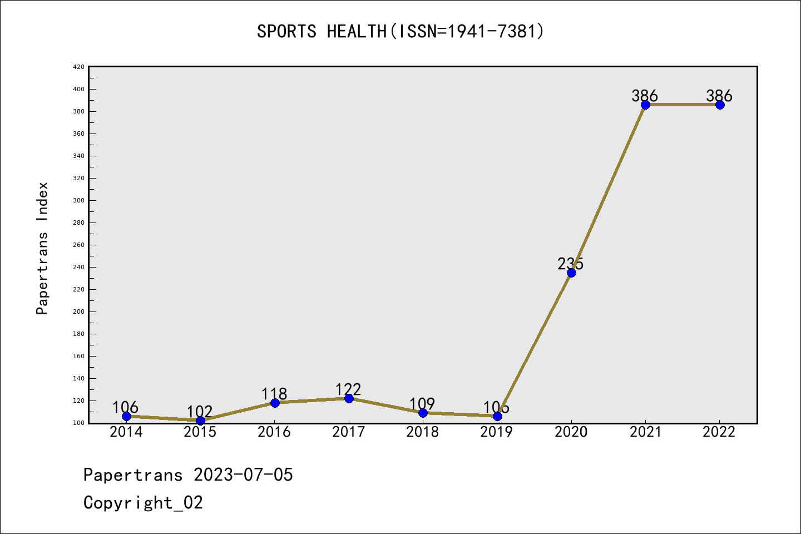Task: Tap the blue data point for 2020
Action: [x=571, y=273]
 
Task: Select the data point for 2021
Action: [x=645, y=105]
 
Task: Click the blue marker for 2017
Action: [x=349, y=398]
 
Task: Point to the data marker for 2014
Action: [x=126, y=416]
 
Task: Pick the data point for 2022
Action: [x=720, y=105]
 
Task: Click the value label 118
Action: [x=274, y=394]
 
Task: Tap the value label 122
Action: [x=348, y=389]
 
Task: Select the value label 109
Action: [x=422, y=404]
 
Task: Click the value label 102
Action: [x=200, y=412]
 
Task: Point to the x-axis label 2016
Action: [x=274, y=432]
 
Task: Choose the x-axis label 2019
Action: [x=497, y=432]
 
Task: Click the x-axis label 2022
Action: [x=719, y=432]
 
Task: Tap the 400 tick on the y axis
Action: [x=78, y=89]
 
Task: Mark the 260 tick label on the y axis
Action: [x=78, y=245]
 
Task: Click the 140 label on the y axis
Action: [x=78, y=378]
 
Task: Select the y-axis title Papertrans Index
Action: [x=42, y=248]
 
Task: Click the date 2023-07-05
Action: [x=243, y=475]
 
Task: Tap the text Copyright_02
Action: [x=143, y=503]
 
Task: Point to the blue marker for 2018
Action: [x=423, y=413]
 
